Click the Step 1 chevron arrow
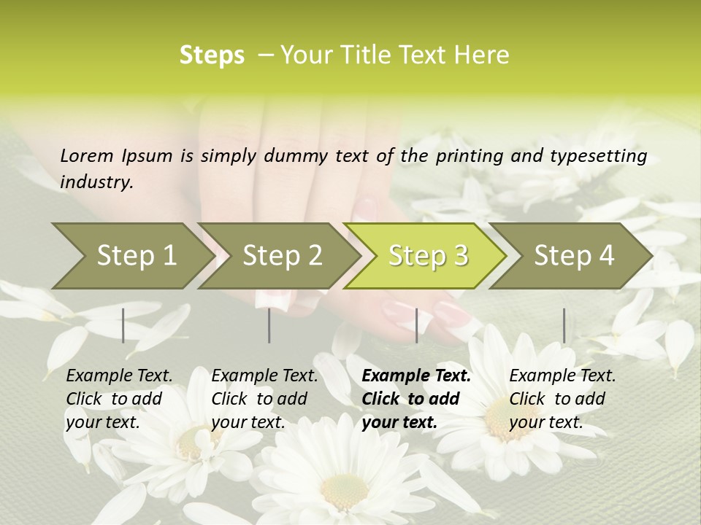pos(131,256)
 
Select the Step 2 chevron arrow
pos(281,256)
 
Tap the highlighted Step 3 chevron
pos(427,256)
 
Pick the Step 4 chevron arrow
pos(573,256)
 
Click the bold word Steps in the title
pos(212,55)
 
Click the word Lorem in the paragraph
pos(87,155)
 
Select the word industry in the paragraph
pos(96,182)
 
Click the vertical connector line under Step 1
pos(123,325)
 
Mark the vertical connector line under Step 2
pos(269,325)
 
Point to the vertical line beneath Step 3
pos(417,325)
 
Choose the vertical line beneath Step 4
pos(564,325)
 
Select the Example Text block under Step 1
pos(119,399)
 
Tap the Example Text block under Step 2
pos(264,399)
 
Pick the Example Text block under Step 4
pos(562,399)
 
